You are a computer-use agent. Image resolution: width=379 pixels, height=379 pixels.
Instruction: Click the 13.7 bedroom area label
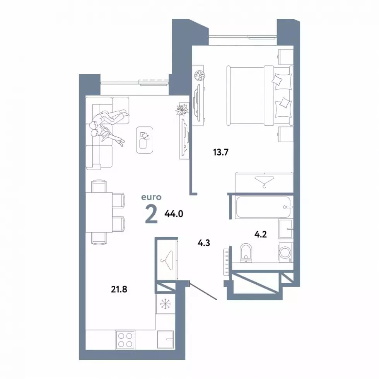[x=221, y=152]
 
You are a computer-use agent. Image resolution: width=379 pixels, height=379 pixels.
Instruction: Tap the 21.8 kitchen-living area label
[x=119, y=289]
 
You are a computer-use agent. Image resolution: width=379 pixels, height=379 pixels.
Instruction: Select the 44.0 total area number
[x=174, y=213]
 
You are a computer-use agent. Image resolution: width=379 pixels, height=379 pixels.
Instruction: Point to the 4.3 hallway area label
[x=204, y=243]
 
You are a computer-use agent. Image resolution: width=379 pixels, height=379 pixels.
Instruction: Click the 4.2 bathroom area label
[x=261, y=234]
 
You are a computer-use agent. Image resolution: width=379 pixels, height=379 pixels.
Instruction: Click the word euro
[x=151, y=197]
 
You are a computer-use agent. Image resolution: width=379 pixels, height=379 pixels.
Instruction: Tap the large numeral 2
[x=152, y=214]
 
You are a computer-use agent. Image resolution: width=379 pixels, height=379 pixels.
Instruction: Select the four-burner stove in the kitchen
[x=125, y=340]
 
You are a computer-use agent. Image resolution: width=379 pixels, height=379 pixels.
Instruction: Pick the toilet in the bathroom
[x=246, y=253]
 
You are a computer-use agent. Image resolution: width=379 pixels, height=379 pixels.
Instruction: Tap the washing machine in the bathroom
[x=286, y=253]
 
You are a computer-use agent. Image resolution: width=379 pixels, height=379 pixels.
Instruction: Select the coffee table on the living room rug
[x=145, y=140]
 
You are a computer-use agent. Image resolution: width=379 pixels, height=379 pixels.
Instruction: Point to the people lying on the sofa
[x=108, y=127]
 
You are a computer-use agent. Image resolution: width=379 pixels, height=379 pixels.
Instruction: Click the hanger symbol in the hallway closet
[x=167, y=261]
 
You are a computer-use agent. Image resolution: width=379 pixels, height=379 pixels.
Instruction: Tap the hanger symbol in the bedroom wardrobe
[x=265, y=182]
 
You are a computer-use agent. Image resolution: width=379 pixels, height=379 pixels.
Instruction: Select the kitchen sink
[x=166, y=340]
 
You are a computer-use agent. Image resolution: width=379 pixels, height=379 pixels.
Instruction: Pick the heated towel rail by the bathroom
[x=226, y=261]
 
